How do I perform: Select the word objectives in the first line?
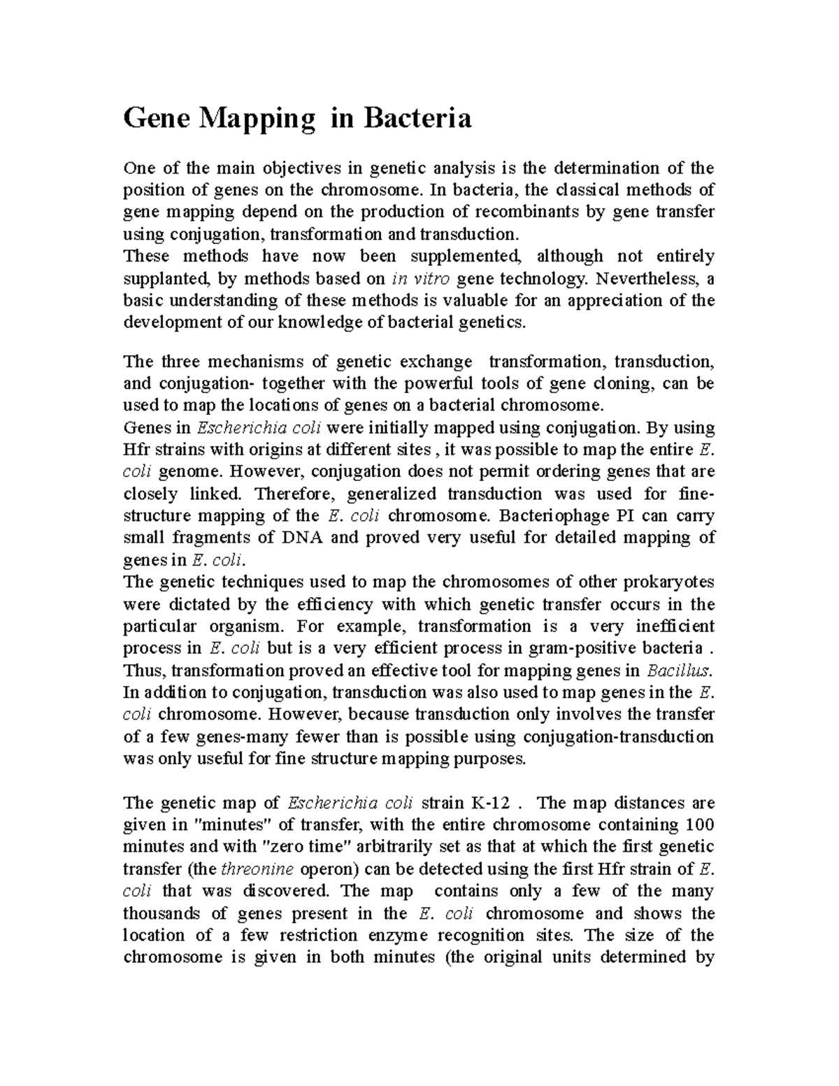[303, 168]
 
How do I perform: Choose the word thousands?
[163, 913]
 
